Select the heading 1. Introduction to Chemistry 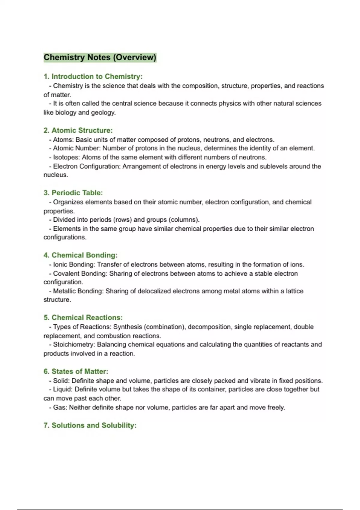(x=93, y=76)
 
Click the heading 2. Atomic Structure (x=78, y=130)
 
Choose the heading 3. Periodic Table (x=73, y=193)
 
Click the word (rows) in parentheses (x=122, y=220)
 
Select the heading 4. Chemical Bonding (x=80, y=255)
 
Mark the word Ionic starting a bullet (x=60, y=265)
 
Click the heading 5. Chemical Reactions (x=83, y=318)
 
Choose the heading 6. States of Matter (x=76, y=371)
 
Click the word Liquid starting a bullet (x=62, y=389)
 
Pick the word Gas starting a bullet (x=60, y=407)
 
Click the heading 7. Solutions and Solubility (x=90, y=425)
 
